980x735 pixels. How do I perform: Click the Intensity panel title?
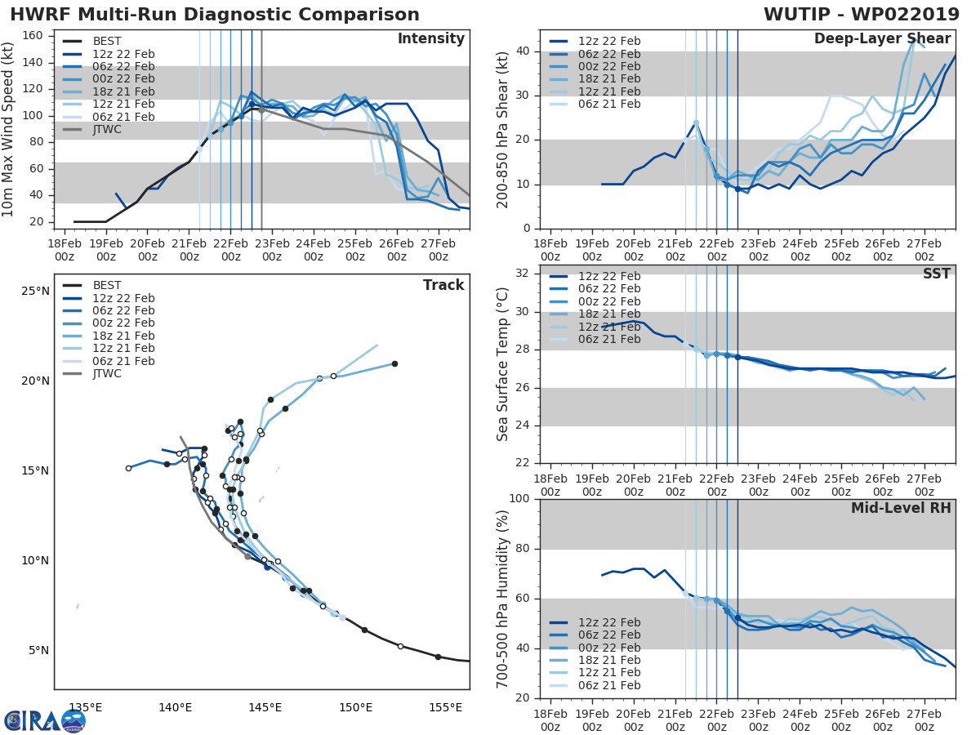(430, 39)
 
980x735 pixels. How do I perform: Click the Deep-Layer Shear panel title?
(882, 39)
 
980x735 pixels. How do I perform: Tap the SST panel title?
(935, 274)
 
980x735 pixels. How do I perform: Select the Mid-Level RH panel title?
(901, 508)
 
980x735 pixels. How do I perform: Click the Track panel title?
(443, 285)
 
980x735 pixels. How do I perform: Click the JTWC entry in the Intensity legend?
(108, 129)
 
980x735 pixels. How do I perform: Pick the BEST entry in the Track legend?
(107, 285)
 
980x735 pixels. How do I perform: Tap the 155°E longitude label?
(445, 707)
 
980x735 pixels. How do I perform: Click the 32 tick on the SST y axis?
(522, 274)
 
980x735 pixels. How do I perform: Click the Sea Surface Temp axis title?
(503, 364)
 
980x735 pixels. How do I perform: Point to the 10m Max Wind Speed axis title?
(8, 130)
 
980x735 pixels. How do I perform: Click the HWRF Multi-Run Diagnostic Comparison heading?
(215, 15)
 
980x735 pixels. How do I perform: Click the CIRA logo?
(45, 720)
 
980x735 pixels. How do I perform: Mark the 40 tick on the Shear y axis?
(522, 51)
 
